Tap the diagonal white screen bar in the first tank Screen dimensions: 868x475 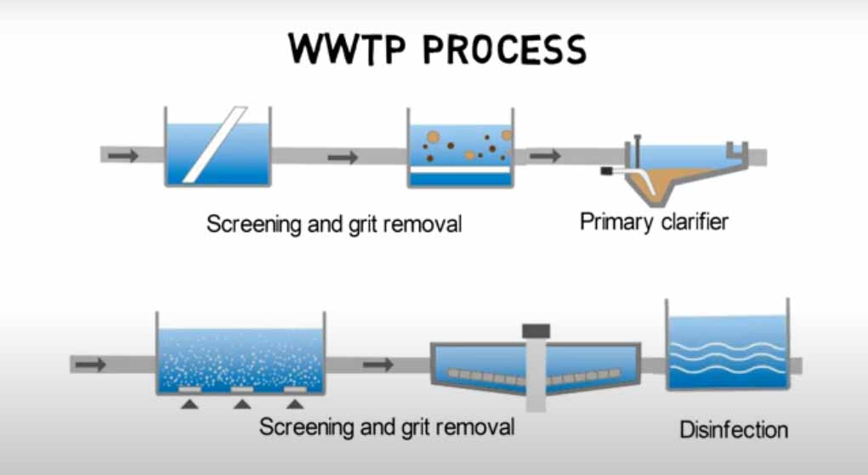tap(215, 144)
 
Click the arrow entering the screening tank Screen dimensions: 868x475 tap(123, 156)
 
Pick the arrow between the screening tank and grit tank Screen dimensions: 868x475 tap(343, 158)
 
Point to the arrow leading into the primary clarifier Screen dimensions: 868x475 tap(545, 156)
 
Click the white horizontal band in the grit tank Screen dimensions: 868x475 tap(460, 170)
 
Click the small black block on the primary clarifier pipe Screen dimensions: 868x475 tap(607, 171)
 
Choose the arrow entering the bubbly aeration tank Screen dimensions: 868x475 tap(90, 365)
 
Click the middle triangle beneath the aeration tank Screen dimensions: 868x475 tap(242, 404)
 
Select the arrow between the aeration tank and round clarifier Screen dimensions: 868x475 tap(378, 365)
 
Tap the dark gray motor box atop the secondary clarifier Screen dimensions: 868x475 tap(536, 331)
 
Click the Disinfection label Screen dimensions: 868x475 tap(734, 430)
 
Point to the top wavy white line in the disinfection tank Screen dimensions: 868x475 tap(728, 346)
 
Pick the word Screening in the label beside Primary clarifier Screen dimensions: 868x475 tap(254, 225)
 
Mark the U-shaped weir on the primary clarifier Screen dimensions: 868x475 tap(737, 151)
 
